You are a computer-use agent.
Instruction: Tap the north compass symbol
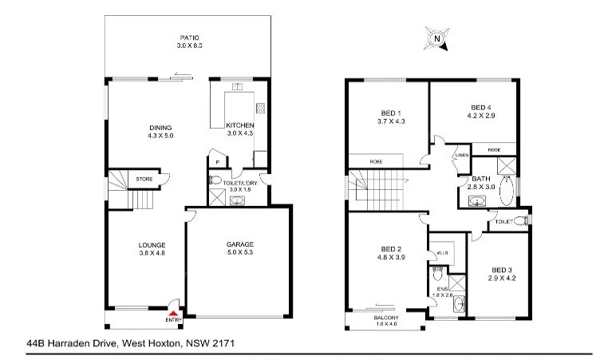coord(436,37)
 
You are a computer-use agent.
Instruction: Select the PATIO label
coord(188,38)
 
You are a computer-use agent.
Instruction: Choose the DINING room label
coord(160,128)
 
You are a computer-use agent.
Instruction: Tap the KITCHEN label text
coord(239,126)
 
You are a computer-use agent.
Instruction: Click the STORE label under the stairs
coord(144,179)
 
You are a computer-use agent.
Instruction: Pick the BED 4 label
coord(480,107)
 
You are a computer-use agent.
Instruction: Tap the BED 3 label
coord(500,270)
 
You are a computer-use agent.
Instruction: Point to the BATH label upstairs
coord(480,179)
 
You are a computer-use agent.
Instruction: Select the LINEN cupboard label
coord(461,155)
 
